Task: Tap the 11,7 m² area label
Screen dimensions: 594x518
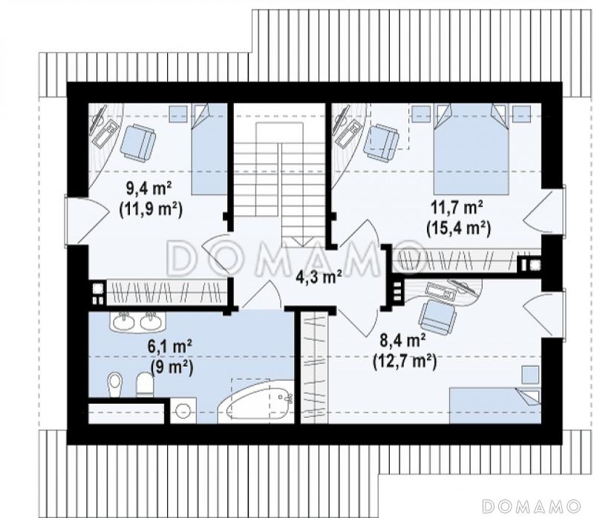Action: tap(457, 209)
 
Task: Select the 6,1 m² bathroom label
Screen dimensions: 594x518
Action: tap(171, 347)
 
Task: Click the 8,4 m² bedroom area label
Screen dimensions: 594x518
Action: tap(402, 341)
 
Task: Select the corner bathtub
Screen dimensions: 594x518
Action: tap(256, 402)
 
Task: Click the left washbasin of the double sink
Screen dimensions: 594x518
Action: tap(124, 322)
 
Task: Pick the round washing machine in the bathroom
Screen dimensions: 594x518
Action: tap(183, 410)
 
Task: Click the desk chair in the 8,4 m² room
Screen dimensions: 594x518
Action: tap(437, 318)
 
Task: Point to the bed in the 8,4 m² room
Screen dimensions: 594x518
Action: tap(495, 405)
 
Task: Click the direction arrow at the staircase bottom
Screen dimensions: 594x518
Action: tap(304, 241)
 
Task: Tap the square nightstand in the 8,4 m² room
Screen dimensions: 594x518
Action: tap(530, 375)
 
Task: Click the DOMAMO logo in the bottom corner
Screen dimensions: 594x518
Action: tap(532, 506)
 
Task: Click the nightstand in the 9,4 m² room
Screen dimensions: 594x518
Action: tap(178, 114)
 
